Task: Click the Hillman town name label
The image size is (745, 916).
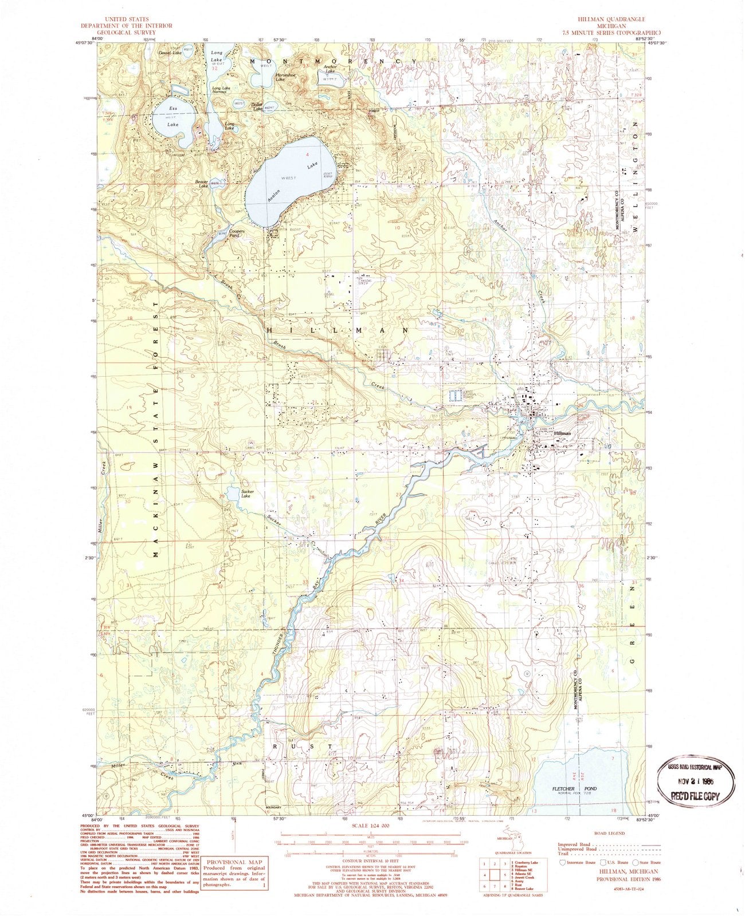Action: [x=562, y=434]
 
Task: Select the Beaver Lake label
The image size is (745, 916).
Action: [x=199, y=183]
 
